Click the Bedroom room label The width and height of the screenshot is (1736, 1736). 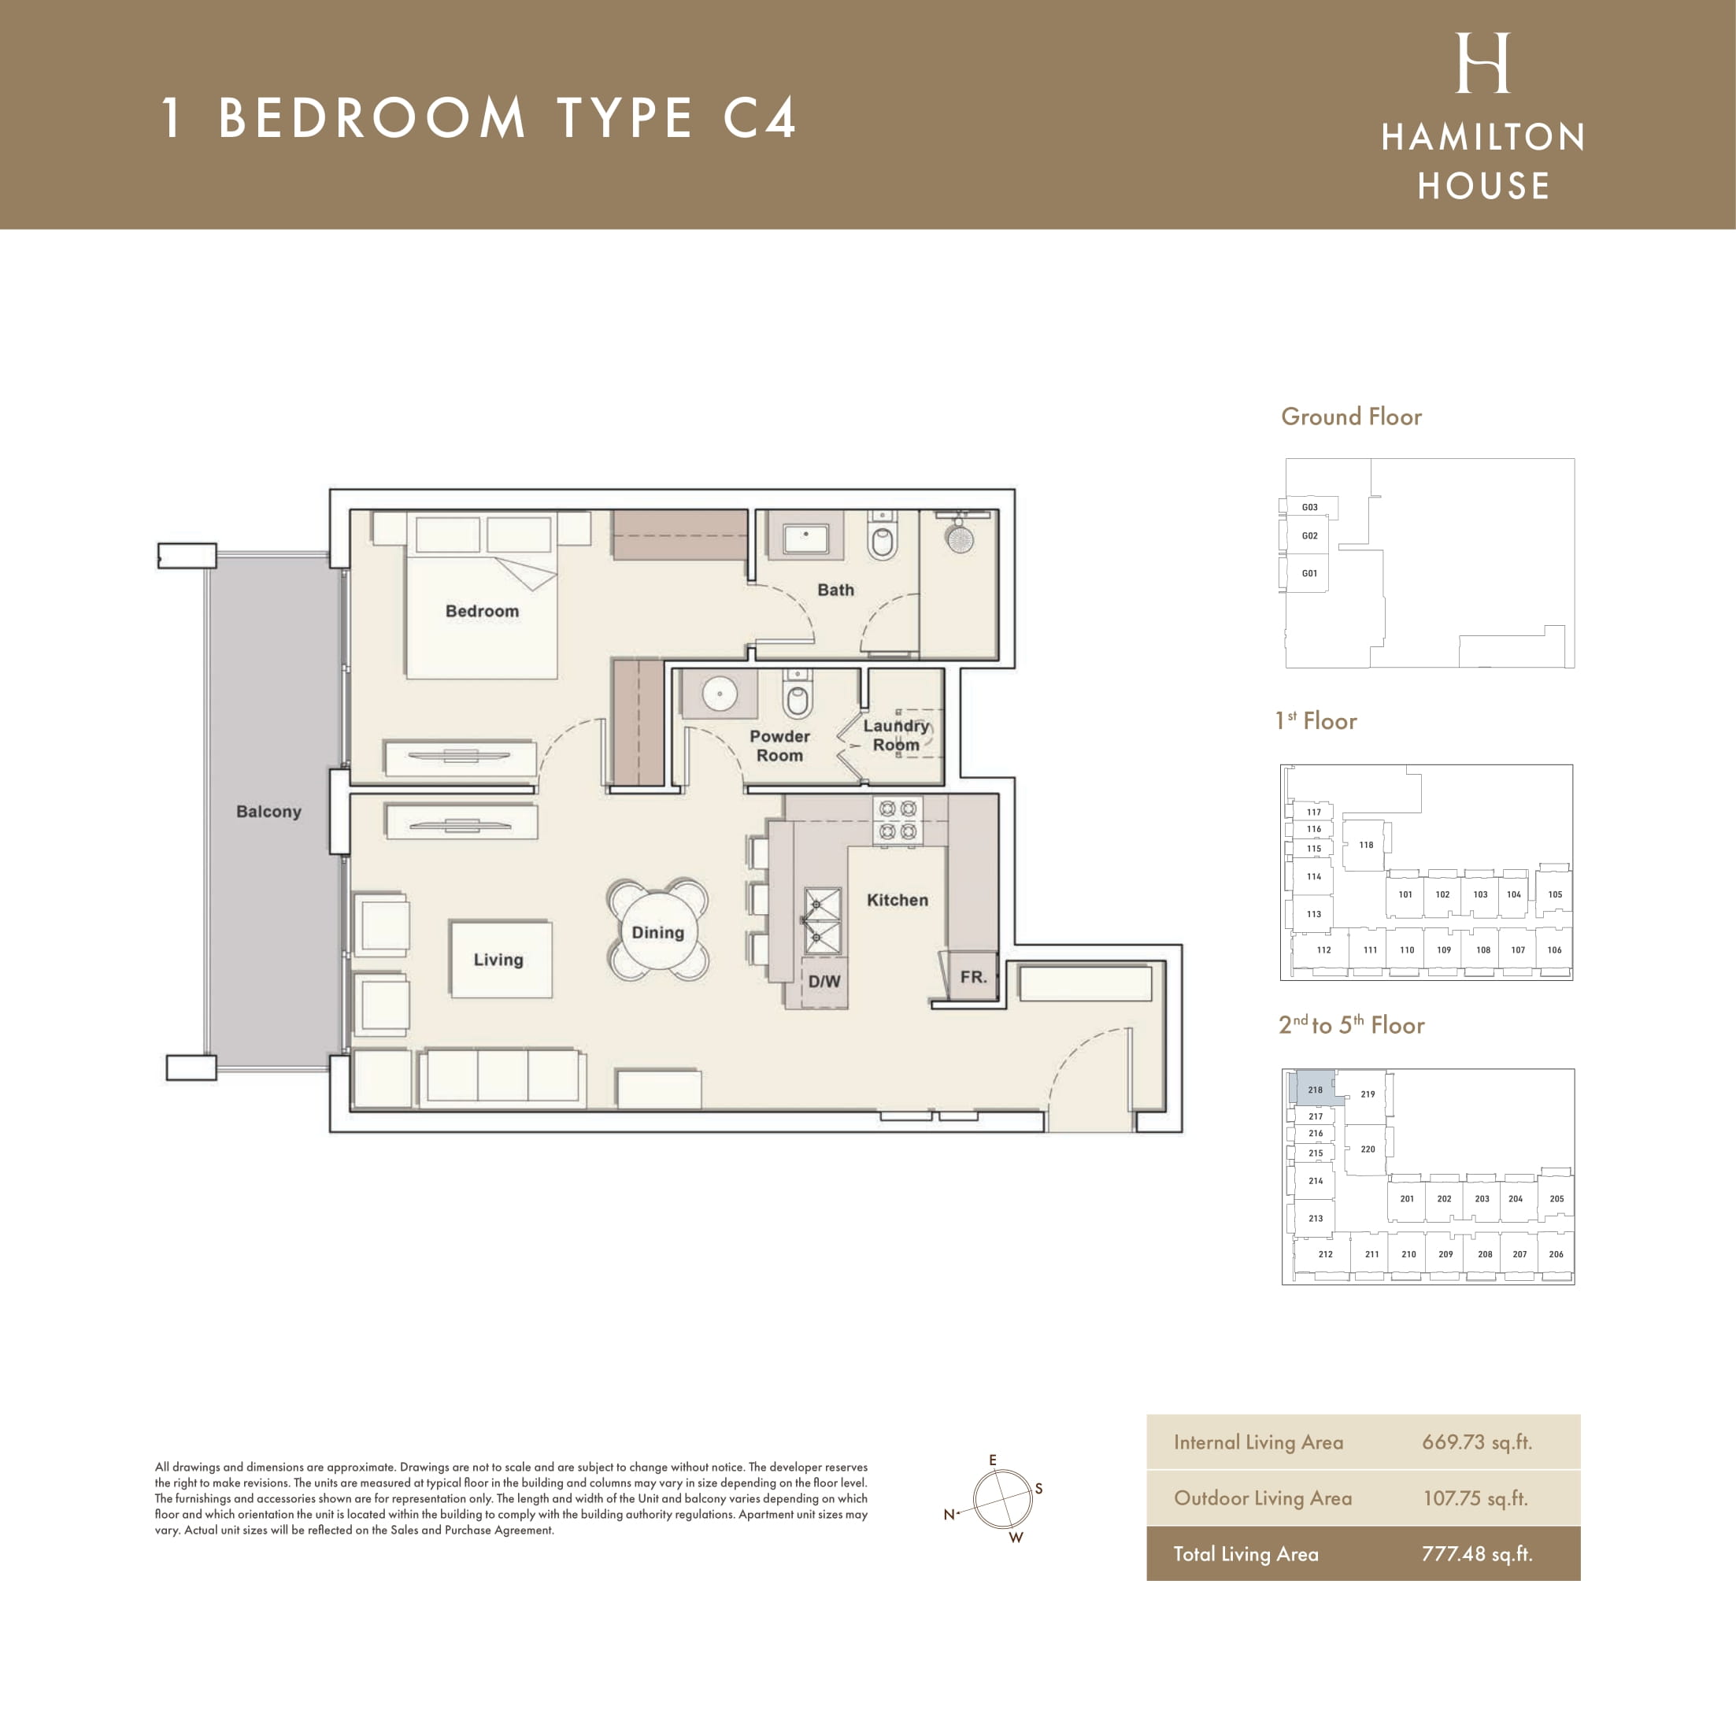[483, 611]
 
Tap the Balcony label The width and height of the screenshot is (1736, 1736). [268, 812]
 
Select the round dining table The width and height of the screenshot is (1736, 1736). [657, 931]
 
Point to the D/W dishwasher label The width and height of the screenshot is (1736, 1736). [824, 981]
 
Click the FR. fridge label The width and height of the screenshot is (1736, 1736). [973, 977]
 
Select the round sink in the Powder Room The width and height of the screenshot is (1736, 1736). [720, 694]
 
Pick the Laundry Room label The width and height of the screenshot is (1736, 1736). [896, 735]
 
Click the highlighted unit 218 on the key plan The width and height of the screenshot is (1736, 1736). [1316, 1088]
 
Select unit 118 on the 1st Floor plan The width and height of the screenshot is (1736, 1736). [1366, 845]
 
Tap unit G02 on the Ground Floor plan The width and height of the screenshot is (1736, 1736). [1309, 535]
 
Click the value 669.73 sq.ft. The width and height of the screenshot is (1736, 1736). [1476, 1442]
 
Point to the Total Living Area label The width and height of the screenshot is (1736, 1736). [1246, 1553]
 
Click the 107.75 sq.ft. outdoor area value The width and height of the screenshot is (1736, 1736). [1475, 1498]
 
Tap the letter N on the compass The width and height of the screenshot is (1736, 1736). [949, 1514]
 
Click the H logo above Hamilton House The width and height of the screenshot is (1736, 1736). [1482, 63]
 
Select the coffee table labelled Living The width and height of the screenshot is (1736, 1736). [501, 959]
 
